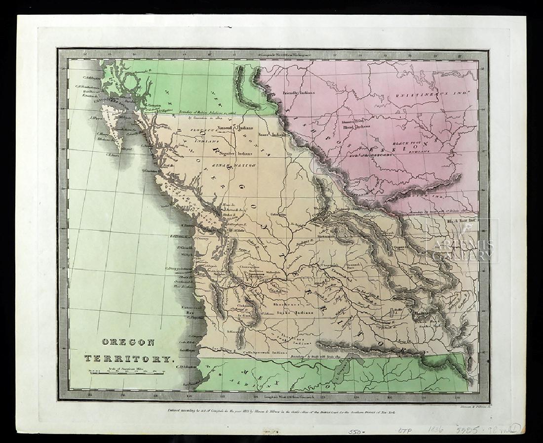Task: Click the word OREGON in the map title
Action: coord(128,342)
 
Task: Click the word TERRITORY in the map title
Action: coord(129,359)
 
